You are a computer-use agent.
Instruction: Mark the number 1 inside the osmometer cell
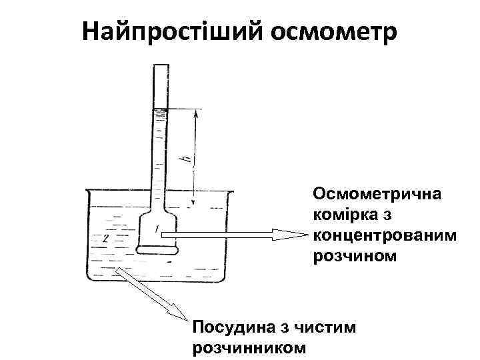click(157, 229)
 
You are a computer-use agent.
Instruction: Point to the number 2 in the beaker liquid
click(105, 237)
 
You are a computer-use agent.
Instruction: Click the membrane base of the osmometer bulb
click(157, 251)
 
